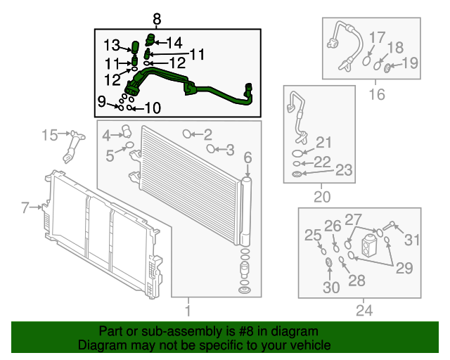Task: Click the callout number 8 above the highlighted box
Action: [x=157, y=20]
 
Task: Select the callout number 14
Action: [x=174, y=43]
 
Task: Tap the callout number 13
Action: [x=112, y=46]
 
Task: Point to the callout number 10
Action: [x=153, y=108]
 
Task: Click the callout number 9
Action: [x=101, y=101]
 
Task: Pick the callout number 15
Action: [x=50, y=135]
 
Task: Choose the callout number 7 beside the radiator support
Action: [x=25, y=207]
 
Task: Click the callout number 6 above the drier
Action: [x=247, y=157]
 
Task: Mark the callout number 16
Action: [x=377, y=94]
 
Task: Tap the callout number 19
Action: [x=410, y=63]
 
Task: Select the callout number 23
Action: [x=344, y=170]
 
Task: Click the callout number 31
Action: [x=412, y=240]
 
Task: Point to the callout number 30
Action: [x=331, y=287]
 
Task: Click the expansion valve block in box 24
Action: [x=368, y=245]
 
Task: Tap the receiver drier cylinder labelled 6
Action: [x=247, y=212]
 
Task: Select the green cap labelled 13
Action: [x=135, y=47]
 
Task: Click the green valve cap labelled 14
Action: [x=150, y=39]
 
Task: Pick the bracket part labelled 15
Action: [x=74, y=146]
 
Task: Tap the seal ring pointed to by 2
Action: [x=187, y=134]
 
